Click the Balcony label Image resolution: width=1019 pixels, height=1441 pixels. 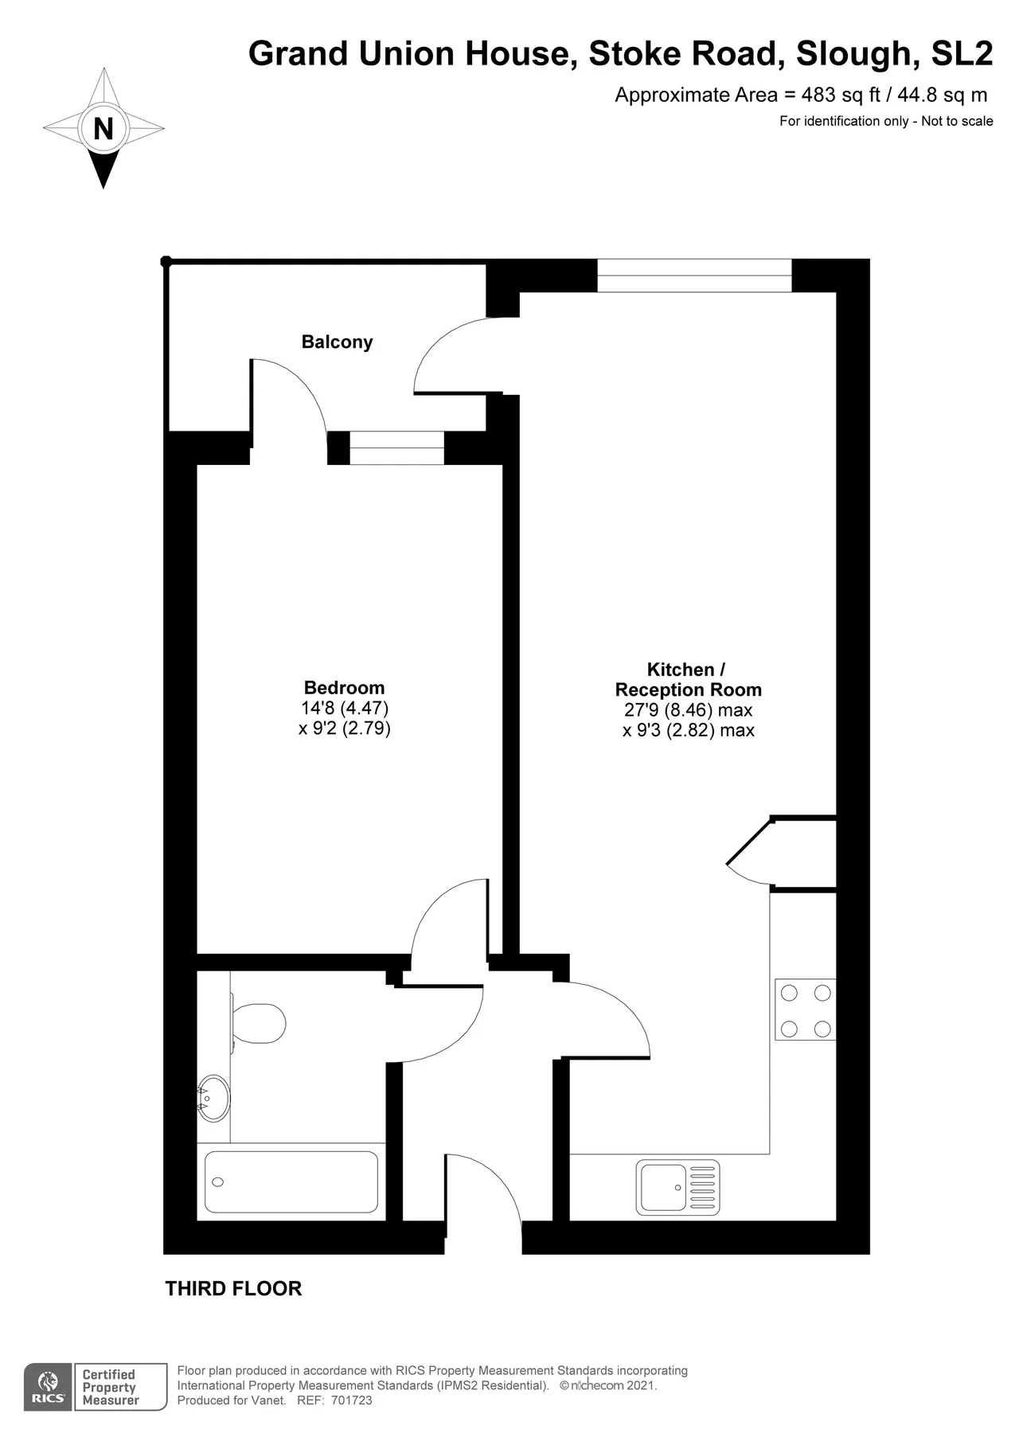tap(337, 342)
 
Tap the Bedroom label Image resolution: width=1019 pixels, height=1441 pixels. tap(344, 687)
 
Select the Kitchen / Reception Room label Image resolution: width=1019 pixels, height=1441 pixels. tap(689, 679)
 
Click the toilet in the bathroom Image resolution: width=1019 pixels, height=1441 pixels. tap(258, 1023)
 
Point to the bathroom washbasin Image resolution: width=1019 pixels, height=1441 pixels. tap(213, 1098)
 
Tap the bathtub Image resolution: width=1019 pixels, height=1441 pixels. tap(291, 1181)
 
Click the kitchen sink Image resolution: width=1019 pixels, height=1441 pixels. tap(677, 1187)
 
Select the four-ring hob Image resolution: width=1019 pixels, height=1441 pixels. tap(806, 1009)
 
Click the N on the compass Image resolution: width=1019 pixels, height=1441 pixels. tap(103, 128)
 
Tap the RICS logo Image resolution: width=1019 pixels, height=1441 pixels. tap(49, 1387)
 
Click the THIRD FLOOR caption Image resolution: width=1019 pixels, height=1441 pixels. tap(233, 1288)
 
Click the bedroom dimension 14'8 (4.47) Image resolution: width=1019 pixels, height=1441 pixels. tap(345, 708)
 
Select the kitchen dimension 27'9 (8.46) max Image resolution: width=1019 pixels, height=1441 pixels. tap(689, 710)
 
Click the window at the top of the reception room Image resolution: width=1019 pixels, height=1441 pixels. tap(695, 275)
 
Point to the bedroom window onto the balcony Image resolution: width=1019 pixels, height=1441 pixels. tap(396, 448)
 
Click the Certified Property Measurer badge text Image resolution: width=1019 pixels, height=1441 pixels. tap(111, 1387)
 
